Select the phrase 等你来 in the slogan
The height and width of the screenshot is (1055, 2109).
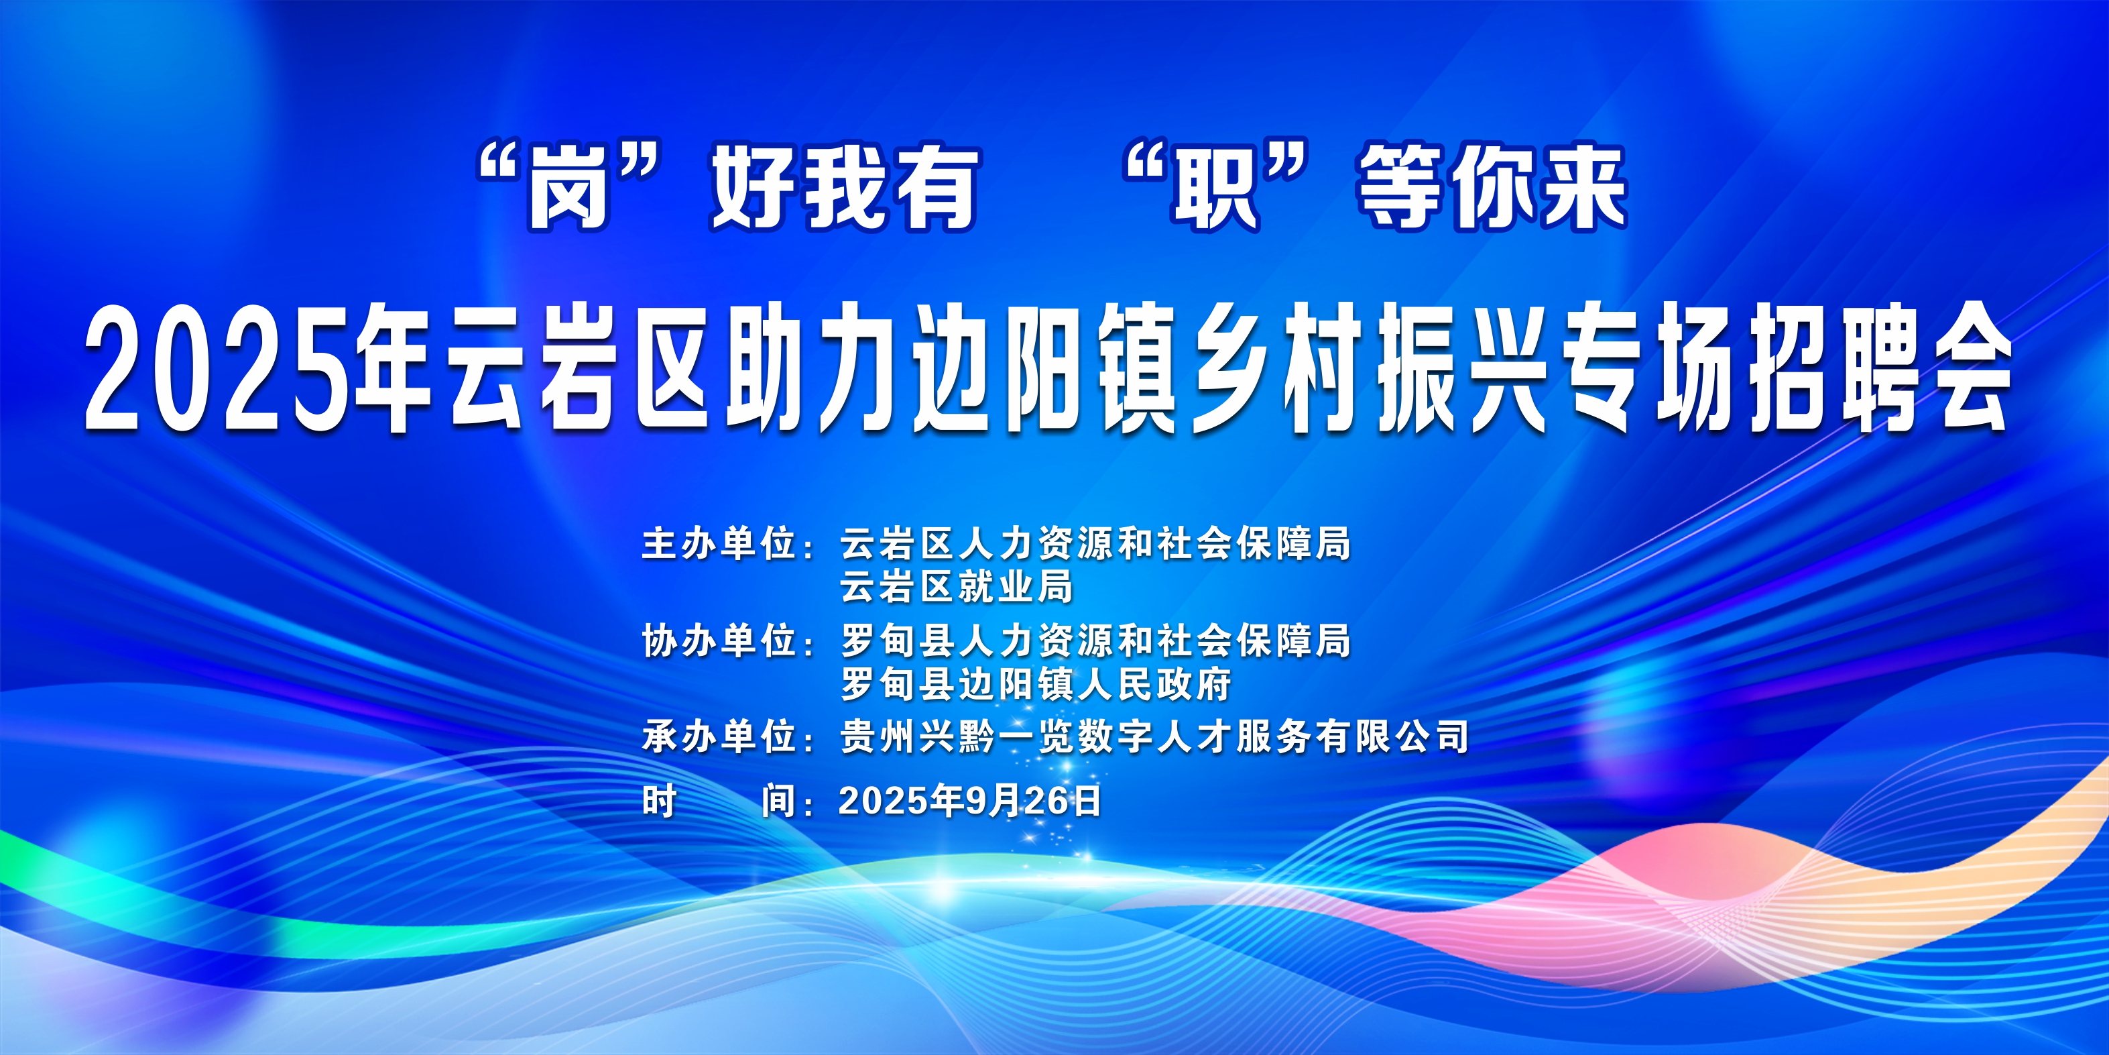pyautogui.click(x=1492, y=188)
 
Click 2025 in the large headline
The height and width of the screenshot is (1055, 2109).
pyautogui.click(x=221, y=369)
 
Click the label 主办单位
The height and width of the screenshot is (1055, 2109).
pyautogui.click(x=718, y=544)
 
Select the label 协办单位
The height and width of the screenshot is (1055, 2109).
pyautogui.click(x=718, y=641)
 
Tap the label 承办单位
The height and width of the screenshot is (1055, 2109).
pyautogui.click(x=718, y=737)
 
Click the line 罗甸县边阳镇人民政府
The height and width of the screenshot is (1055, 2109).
pyautogui.click(x=1036, y=684)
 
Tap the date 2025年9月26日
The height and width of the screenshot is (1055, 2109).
pyautogui.click(x=970, y=800)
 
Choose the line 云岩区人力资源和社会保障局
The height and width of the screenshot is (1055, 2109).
pyautogui.click(x=1095, y=544)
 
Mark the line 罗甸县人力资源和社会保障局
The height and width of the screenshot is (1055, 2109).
pyautogui.click(x=1095, y=641)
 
